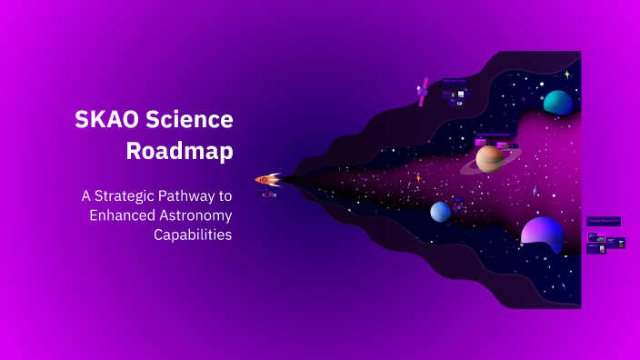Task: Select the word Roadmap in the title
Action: pyautogui.click(x=179, y=151)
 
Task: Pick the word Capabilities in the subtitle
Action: pyautogui.click(x=193, y=234)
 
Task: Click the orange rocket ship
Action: pyautogui.click(x=268, y=180)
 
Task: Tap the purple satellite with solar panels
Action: pyautogui.click(x=423, y=92)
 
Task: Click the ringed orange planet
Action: pyautogui.click(x=490, y=159)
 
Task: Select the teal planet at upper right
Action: pyautogui.click(x=557, y=103)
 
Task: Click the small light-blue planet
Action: pyautogui.click(x=440, y=212)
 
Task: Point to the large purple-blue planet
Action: pyautogui.click(x=543, y=232)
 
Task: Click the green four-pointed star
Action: pyautogui.click(x=566, y=75)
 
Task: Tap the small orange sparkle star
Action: pyautogui.click(x=418, y=178)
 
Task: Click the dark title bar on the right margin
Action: pyautogui.click(x=604, y=221)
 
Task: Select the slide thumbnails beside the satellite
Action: pyautogui.click(x=455, y=96)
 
